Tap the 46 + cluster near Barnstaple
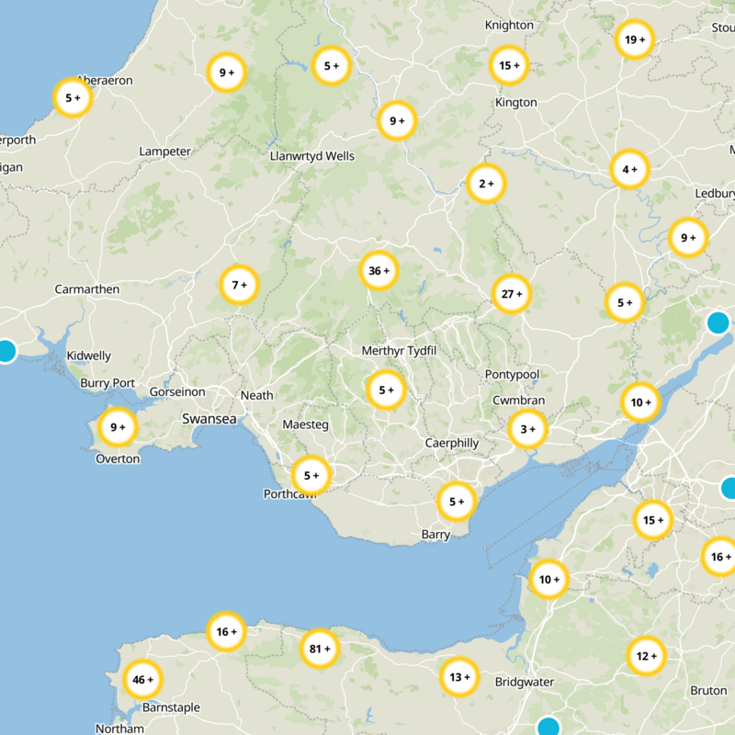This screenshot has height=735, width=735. click(x=142, y=680)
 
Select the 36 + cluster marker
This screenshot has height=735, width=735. click(x=379, y=271)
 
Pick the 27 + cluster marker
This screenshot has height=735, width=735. click(x=511, y=294)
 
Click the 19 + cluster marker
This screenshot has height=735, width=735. click(x=634, y=40)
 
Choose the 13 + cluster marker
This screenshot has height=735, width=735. click(x=458, y=678)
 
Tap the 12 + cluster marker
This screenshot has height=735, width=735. click(x=643, y=656)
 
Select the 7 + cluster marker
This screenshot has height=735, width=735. click(x=240, y=286)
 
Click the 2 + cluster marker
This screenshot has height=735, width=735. click(x=485, y=184)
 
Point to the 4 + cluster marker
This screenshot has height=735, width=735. click(x=629, y=169)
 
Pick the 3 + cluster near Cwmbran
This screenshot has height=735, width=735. click(x=527, y=428)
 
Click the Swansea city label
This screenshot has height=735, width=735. click(x=209, y=419)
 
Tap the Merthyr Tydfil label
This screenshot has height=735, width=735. click(x=398, y=352)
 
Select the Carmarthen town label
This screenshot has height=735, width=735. click(x=87, y=289)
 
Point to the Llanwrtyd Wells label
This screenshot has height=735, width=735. click(x=312, y=156)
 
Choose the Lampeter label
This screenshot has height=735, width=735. click(x=164, y=152)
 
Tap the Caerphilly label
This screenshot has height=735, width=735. click(x=452, y=443)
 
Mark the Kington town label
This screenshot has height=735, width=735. click(x=515, y=103)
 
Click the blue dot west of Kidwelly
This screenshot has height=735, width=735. click(x=6, y=351)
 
